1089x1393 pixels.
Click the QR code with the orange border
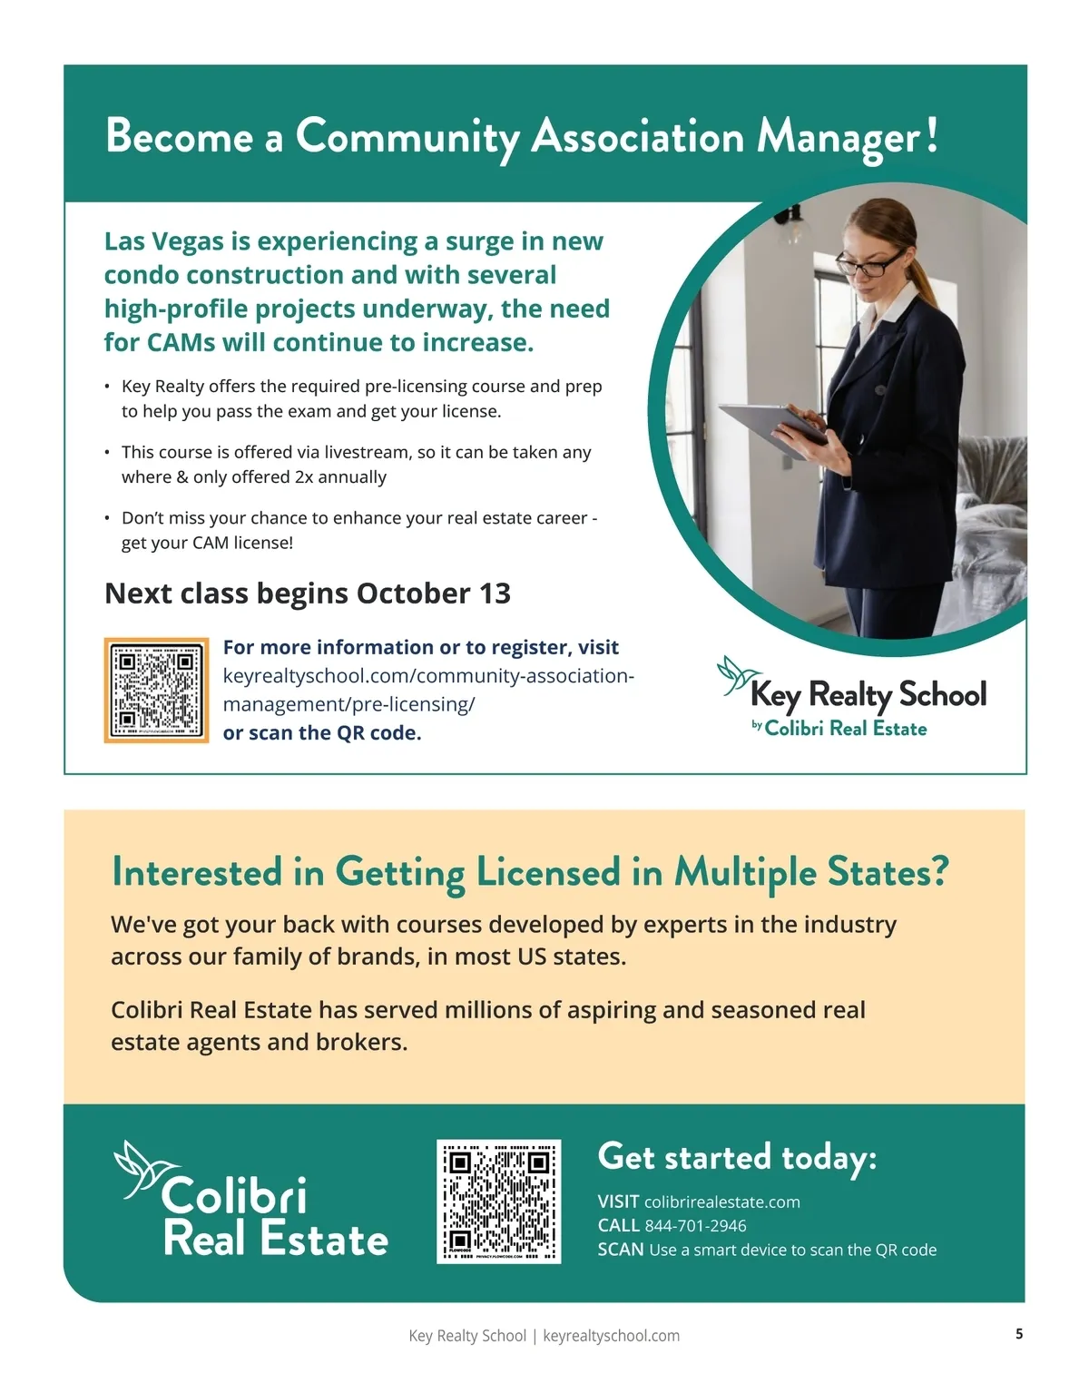tap(156, 691)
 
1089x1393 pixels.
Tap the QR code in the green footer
tap(498, 1201)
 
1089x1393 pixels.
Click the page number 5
tap(1019, 1333)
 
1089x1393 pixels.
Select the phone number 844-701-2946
tap(695, 1226)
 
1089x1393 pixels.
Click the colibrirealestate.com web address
tap(721, 1202)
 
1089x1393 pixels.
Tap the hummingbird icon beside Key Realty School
tap(734, 675)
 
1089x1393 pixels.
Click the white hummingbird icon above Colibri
tap(136, 1170)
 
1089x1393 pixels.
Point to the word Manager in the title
tap(839, 138)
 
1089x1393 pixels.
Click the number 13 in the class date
tap(495, 593)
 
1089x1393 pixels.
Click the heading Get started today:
tap(737, 1158)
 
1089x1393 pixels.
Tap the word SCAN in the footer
tap(621, 1250)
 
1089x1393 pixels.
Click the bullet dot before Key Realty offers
tap(107, 387)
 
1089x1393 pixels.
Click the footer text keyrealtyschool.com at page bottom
tap(611, 1336)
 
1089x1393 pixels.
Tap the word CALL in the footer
tap(618, 1226)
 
